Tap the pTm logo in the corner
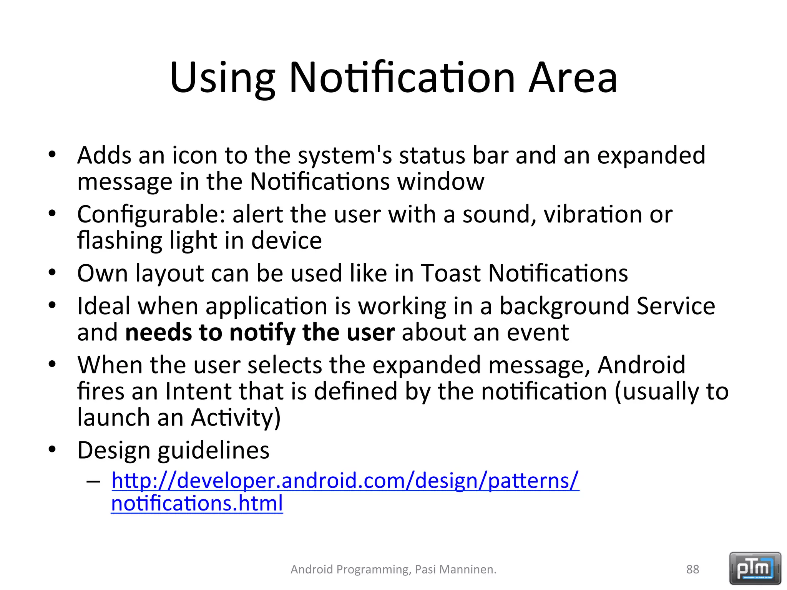pos(755,568)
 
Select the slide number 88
pos(692,569)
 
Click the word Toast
pos(451,273)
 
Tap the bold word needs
pos(158,333)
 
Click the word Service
pos(676,306)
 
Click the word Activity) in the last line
pos(236,418)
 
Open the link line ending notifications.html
pos(197,504)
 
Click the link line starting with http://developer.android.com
pos(345,481)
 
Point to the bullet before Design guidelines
pos(53,449)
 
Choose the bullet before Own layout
pos(53,272)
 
